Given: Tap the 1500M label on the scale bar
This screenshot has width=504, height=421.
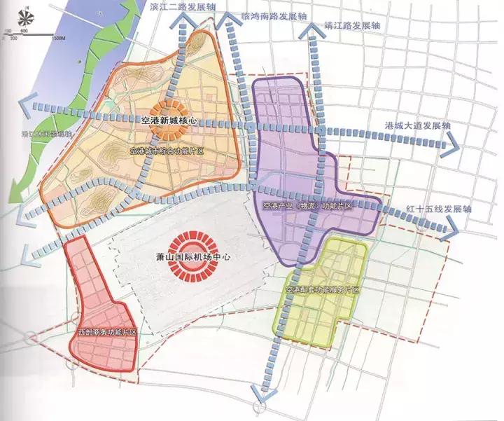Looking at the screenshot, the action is pos(59,38).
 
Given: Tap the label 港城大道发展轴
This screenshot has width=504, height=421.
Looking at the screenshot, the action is pos(418,126).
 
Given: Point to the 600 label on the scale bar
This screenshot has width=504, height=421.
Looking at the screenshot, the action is pos(23,32).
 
